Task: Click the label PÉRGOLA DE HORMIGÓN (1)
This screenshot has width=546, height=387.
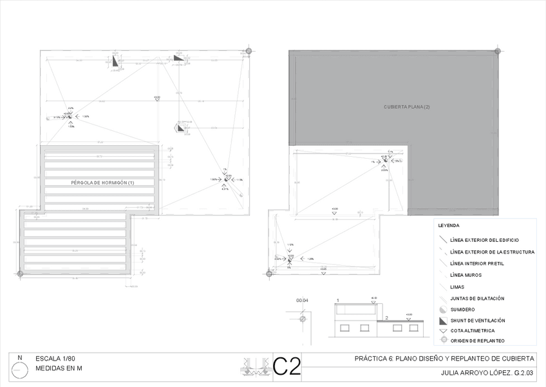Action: (103, 183)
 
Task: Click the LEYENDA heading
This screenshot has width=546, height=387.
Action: (448, 226)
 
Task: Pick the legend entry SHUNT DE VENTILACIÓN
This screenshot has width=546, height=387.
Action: (478, 321)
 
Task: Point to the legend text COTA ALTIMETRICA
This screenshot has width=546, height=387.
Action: (473, 330)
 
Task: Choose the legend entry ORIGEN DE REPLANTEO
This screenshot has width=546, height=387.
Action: (477, 340)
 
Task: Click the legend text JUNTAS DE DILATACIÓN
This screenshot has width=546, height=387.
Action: (477, 299)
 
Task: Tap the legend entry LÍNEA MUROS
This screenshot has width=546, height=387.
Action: (467, 275)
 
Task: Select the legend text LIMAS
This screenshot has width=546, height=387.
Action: (458, 287)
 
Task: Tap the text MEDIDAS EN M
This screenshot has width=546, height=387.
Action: (59, 369)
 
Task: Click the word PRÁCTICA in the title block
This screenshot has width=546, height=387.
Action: (372, 359)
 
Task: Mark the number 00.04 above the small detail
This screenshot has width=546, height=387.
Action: (302, 301)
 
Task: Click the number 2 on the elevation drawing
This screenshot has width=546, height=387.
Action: (386, 318)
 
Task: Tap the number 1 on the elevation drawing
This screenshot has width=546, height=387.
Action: (337, 301)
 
